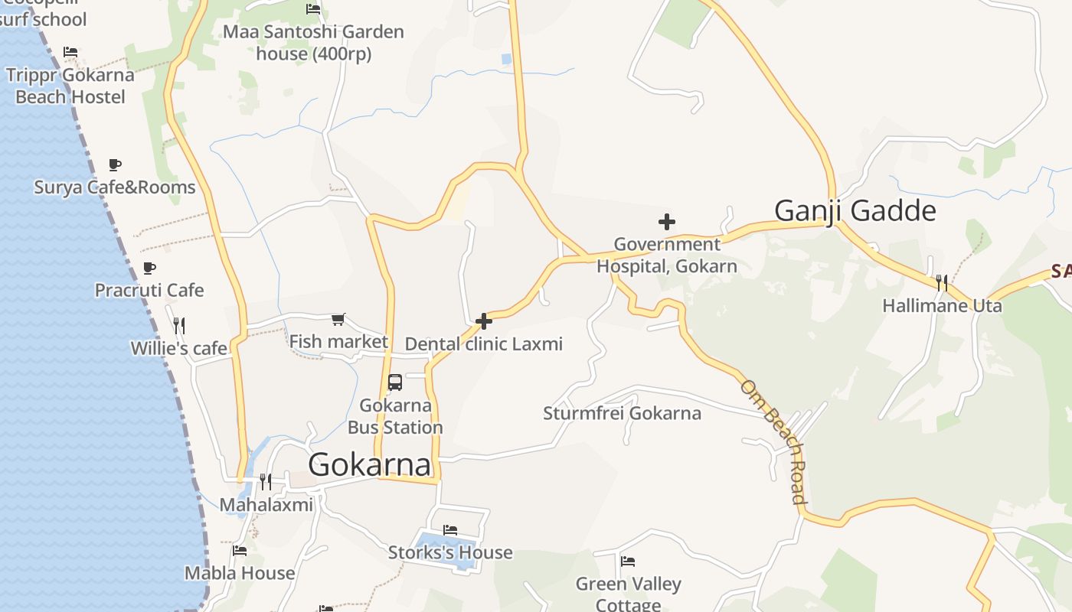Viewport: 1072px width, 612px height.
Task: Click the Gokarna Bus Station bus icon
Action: pos(395,382)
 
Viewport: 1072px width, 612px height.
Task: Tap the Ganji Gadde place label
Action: pos(855,210)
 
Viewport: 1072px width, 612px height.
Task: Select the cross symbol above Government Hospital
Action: pos(667,223)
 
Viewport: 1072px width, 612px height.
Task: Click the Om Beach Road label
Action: pos(774,441)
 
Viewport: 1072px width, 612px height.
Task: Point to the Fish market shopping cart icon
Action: pos(338,319)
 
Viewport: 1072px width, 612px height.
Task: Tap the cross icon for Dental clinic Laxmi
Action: pos(484,321)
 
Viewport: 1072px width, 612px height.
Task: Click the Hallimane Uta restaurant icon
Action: pos(942,283)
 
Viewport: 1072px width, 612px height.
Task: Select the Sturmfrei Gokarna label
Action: pos(622,414)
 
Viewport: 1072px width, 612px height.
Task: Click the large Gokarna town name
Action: pos(370,465)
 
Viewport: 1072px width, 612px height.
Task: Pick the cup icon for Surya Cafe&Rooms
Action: pos(115,164)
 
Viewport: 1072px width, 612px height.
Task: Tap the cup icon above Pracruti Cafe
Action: pos(149,268)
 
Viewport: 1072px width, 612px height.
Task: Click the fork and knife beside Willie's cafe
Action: pos(179,326)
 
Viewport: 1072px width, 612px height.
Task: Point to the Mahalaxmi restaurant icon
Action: pos(266,481)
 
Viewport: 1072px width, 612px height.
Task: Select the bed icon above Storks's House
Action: pos(450,529)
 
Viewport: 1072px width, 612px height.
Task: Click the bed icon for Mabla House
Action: pos(240,550)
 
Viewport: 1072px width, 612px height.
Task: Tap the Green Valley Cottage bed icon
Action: pos(628,562)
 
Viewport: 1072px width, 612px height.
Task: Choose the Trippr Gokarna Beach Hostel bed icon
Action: pos(70,52)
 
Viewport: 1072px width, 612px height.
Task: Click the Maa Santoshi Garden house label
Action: pos(313,43)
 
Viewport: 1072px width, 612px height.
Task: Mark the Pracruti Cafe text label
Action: pos(149,291)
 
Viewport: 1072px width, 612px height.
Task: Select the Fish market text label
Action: pos(338,342)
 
